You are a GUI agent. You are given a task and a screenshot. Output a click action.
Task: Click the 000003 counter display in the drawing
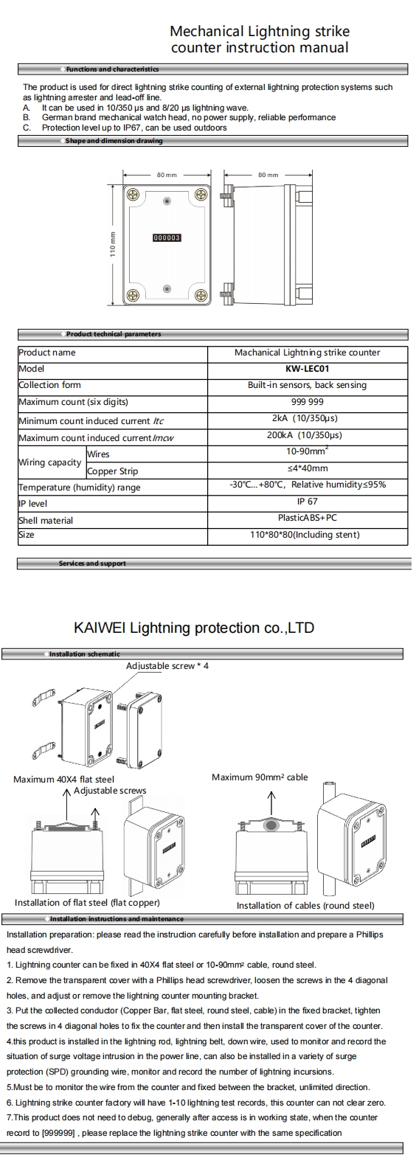click(x=166, y=238)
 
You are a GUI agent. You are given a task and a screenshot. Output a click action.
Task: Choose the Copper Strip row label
click(x=112, y=471)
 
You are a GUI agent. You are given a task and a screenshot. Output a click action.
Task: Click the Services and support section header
click(x=92, y=563)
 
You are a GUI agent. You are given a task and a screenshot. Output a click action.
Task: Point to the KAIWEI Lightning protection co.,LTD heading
click(x=194, y=628)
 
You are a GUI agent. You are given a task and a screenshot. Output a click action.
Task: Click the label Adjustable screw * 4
click(x=167, y=665)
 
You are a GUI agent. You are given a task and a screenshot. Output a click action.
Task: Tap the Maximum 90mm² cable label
click(x=260, y=777)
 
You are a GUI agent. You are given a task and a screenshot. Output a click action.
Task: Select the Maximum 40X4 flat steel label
click(x=63, y=779)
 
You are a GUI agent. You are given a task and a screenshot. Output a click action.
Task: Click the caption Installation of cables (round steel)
click(x=305, y=905)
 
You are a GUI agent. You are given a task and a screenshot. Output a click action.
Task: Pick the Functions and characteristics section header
click(x=112, y=69)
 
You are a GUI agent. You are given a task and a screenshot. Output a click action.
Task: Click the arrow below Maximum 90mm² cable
click(x=271, y=800)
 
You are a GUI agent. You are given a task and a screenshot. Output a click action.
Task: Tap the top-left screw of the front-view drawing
click(x=134, y=195)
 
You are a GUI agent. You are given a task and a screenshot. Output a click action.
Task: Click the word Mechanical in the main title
click(x=206, y=32)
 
